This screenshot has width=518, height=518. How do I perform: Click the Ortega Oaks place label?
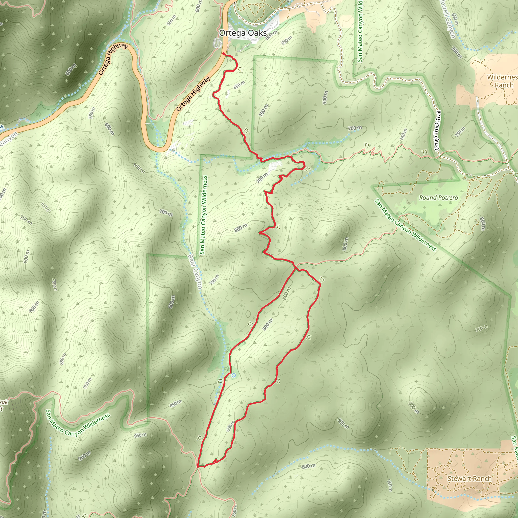pos(243,33)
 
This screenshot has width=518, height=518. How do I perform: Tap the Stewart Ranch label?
pos(469,479)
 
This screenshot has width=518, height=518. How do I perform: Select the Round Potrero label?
pos(438,198)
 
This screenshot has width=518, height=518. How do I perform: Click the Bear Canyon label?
pos(195,272)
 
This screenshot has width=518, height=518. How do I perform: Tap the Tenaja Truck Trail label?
pos(437,131)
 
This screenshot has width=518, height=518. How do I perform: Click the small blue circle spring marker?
pos(233,375)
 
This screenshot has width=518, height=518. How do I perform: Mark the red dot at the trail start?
pos(224,54)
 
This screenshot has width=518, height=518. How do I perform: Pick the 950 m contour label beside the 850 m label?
pos(88,383)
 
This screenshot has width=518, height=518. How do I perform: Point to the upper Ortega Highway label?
pos(113,59)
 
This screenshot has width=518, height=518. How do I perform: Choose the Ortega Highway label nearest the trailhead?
pos(193,94)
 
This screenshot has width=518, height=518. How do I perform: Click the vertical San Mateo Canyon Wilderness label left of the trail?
pos(204,215)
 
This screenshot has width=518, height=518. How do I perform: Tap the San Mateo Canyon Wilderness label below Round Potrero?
pos(405,225)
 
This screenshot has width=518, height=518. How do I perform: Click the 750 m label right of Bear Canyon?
pos(214,280)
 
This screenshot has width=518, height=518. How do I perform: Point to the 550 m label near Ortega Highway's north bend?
pos(171,20)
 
